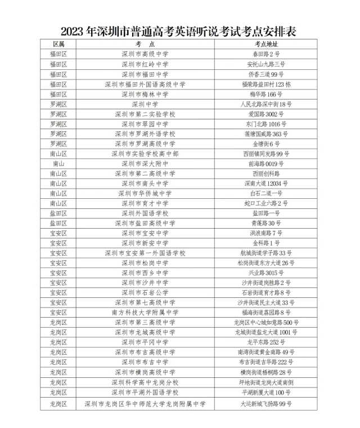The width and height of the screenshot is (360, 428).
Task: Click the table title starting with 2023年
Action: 179,30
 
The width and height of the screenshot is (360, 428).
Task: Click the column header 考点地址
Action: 266,44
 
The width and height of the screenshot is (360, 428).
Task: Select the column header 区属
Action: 58,44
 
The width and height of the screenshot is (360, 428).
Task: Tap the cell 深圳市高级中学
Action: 145,54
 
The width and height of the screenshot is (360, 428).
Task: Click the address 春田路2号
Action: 266,54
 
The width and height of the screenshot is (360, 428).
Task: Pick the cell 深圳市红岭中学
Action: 145,64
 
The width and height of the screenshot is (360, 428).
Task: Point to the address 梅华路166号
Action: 266,94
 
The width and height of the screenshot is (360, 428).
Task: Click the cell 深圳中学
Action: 145,104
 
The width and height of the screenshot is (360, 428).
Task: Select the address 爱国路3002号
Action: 266,114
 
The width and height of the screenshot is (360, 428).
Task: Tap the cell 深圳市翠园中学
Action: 145,124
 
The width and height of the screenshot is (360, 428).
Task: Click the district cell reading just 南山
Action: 58,164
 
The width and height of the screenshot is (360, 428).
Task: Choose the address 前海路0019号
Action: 266,164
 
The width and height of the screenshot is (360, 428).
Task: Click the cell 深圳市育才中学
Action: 145,203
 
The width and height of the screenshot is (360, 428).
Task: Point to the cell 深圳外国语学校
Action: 145,213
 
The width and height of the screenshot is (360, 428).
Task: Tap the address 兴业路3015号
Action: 266,273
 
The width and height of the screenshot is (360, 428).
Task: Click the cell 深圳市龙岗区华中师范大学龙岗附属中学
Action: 145,404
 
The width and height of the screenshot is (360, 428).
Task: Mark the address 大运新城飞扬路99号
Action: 266,404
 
